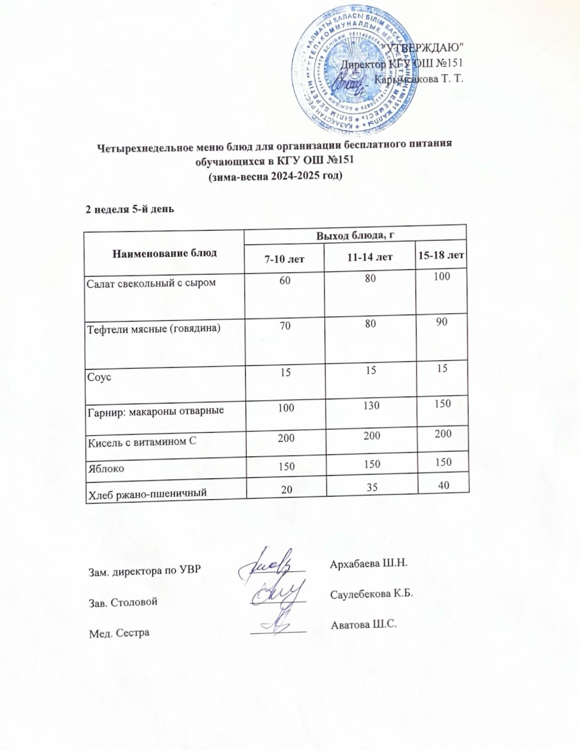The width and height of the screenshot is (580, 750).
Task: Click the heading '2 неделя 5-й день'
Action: (130, 210)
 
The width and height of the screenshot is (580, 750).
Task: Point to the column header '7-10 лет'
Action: (284, 258)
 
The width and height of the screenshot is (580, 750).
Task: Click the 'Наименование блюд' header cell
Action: (164, 253)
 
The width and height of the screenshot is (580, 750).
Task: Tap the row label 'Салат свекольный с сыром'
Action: (151, 283)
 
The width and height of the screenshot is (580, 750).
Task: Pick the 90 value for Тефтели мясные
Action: (441, 322)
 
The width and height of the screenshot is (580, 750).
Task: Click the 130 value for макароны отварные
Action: (371, 406)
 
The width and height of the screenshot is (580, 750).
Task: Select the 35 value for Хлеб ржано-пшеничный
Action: (371, 488)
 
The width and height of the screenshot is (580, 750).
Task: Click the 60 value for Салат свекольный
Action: (285, 281)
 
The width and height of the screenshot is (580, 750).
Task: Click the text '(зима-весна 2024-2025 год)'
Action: (275, 176)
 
